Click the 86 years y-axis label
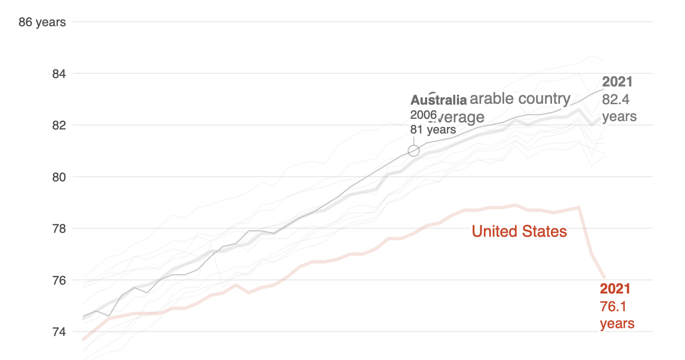tap(42, 22)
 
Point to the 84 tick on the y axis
tap(59, 74)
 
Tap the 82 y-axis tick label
tap(59, 125)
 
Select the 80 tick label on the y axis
tap(59, 177)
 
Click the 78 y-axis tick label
tap(59, 229)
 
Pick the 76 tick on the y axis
tap(59, 280)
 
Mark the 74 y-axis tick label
tap(59, 332)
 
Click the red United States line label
tap(519, 231)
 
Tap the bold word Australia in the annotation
tap(439, 100)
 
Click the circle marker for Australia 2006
tap(413, 151)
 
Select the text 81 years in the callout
tap(433, 129)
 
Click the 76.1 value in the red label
tap(613, 306)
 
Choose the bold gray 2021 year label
tap(617, 82)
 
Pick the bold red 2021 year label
tap(615, 289)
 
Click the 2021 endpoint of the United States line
tap(604, 278)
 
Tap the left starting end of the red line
tap(84, 339)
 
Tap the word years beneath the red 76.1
tap(617, 324)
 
